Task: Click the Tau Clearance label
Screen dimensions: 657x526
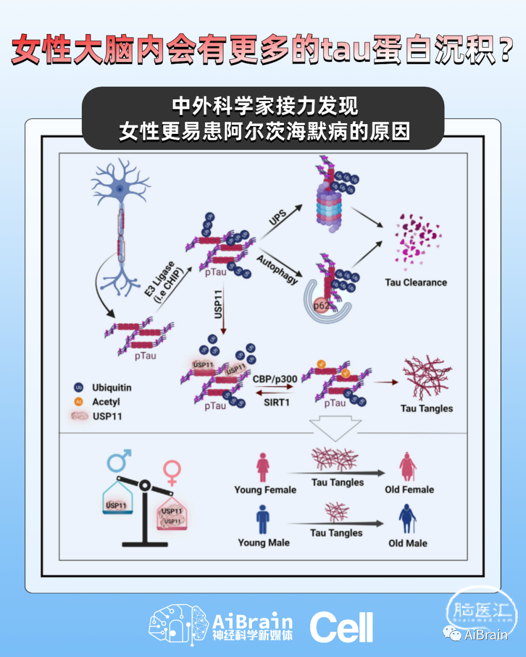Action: (415, 282)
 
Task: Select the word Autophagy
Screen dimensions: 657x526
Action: (277, 269)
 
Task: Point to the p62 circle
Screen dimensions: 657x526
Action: (321, 306)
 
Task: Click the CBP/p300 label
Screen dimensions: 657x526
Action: (275, 379)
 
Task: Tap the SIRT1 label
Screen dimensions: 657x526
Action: (277, 402)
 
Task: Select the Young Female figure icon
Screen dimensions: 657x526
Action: (263, 467)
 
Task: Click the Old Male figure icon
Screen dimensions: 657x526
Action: (407, 519)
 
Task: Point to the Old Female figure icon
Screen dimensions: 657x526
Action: (407, 466)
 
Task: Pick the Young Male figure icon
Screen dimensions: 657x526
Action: (263, 519)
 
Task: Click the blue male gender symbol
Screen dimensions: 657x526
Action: (118, 460)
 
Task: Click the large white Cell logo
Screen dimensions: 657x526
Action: (341, 627)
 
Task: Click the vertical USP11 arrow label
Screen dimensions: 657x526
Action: (218, 304)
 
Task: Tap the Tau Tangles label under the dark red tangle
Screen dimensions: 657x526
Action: (427, 408)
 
